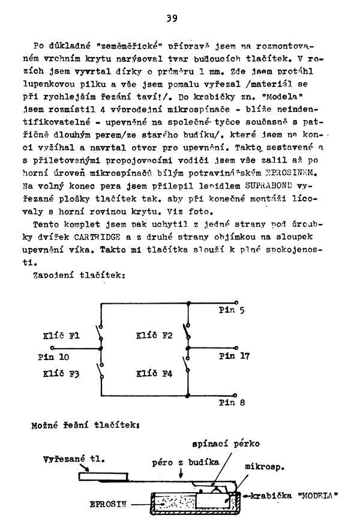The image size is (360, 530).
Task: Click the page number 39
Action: pyautogui.click(x=172, y=19)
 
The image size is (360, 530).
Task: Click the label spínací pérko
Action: pyautogui.click(x=225, y=445)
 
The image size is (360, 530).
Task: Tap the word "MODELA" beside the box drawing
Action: pyautogui.click(x=320, y=496)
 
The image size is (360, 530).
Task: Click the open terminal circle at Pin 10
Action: pyautogui.click(x=52, y=348)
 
